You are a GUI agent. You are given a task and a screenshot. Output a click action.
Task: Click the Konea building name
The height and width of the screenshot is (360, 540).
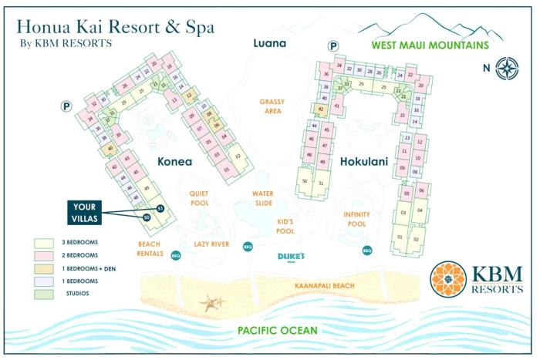181,162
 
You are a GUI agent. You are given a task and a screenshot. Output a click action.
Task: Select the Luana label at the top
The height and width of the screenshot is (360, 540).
270,43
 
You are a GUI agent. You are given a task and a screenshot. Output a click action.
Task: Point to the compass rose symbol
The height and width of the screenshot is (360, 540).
507,68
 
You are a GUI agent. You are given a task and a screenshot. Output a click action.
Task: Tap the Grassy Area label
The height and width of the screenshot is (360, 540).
272,106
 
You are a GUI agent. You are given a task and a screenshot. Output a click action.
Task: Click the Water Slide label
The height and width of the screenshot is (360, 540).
263,198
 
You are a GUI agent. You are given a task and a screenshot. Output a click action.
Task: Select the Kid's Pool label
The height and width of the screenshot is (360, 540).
285,227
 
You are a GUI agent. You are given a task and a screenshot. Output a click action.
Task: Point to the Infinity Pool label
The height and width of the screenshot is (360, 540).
356,219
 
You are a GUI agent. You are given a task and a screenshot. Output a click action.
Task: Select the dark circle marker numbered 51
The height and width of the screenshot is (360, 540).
160,209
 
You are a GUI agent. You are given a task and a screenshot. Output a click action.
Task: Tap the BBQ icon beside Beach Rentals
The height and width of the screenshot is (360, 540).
175,255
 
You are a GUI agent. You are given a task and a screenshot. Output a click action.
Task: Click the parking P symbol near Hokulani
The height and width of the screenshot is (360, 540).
333,46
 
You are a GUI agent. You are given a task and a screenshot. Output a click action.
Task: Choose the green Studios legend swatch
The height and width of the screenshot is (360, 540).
43,293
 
